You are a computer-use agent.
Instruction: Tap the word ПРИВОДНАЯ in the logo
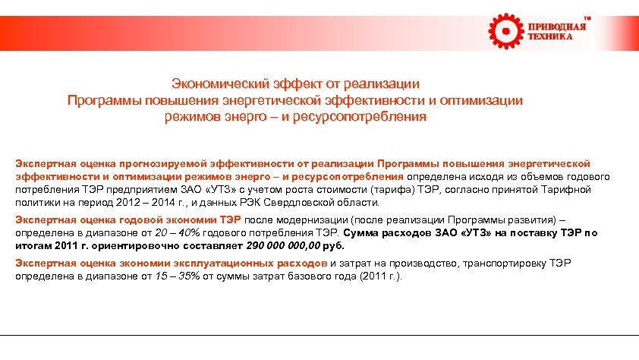coord(557,27)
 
